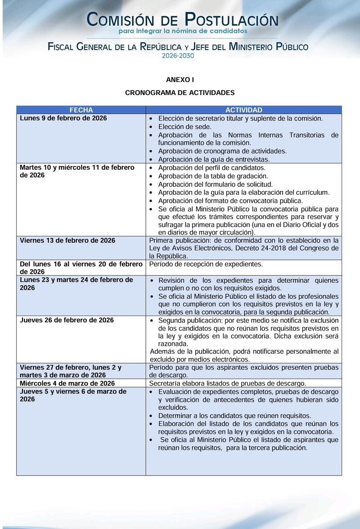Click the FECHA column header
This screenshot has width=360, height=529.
(x=81, y=110)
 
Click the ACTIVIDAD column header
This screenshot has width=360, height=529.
(x=243, y=110)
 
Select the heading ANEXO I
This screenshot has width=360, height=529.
(x=180, y=80)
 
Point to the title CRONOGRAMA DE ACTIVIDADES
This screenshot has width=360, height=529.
(x=180, y=93)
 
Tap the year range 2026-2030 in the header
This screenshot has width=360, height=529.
(x=178, y=55)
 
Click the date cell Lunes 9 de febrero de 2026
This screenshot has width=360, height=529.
(x=63, y=118)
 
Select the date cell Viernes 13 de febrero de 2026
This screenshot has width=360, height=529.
(x=67, y=240)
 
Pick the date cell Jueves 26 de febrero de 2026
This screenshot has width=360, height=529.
(x=66, y=320)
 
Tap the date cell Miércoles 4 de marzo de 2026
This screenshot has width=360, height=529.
(x=67, y=383)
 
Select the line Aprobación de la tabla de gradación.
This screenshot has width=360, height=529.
(x=213, y=176)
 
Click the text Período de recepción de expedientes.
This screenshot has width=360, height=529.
(x=206, y=264)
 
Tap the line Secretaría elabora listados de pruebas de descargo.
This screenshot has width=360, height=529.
(x=228, y=383)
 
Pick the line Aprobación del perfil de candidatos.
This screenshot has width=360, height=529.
(x=211, y=167)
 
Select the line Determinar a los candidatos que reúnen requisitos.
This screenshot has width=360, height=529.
(x=234, y=416)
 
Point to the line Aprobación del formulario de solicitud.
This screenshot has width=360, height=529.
(x=215, y=184)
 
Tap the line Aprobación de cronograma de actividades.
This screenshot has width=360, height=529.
(x=222, y=151)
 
